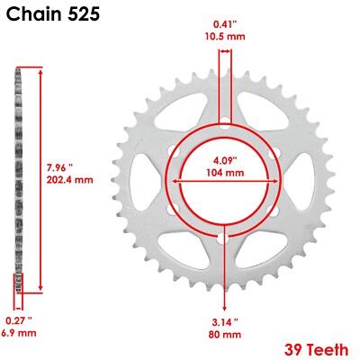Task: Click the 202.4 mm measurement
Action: coord(70,179)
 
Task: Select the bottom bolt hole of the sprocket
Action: coord(222,238)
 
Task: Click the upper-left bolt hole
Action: coord(172,150)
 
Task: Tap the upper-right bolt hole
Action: coord(273,150)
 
